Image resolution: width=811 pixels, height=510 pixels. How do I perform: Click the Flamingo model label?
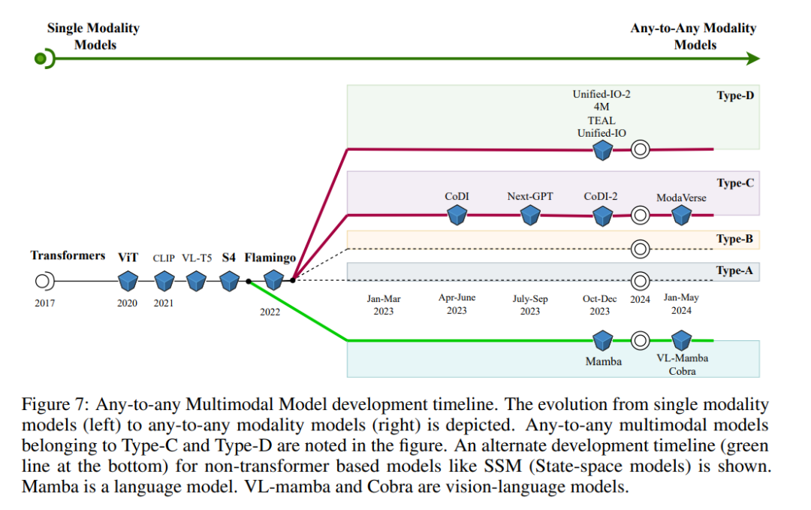tap(270, 258)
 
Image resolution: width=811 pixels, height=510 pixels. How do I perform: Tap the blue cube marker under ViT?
tap(128, 281)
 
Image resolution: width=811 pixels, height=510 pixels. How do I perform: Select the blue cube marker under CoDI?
tap(457, 215)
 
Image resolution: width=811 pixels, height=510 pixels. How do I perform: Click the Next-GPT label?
tap(530, 197)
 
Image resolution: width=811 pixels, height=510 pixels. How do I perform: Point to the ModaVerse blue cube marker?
tap(681, 215)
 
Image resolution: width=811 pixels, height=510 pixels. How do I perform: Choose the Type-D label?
tap(735, 95)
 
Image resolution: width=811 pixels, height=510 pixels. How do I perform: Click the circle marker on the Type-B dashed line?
tap(640, 249)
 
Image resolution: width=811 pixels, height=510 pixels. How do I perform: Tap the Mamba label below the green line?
tap(604, 361)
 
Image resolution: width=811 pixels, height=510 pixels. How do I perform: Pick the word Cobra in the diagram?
tap(682, 371)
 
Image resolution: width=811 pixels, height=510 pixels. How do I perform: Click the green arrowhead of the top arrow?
tap(754, 59)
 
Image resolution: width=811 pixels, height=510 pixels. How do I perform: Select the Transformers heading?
tap(68, 255)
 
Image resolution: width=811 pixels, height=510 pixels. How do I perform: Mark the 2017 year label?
tap(45, 303)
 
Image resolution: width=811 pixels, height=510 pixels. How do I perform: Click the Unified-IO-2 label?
tap(601, 94)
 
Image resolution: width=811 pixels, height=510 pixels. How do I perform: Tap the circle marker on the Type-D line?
tap(640, 149)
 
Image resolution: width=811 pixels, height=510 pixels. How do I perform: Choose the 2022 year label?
tap(270, 312)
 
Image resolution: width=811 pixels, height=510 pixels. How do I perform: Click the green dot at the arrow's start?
tap(40, 59)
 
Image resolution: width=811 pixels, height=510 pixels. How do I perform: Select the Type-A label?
tap(734, 270)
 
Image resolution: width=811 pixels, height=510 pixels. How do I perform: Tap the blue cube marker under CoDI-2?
tap(602, 216)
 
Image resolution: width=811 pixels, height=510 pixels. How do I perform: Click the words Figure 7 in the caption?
tap(55, 405)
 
